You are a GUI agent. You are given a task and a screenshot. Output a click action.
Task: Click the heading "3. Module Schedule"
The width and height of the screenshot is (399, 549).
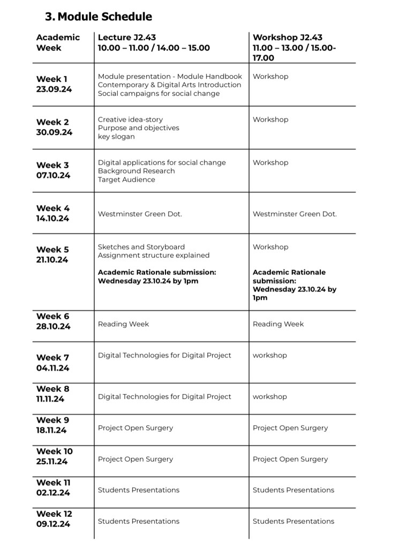99,17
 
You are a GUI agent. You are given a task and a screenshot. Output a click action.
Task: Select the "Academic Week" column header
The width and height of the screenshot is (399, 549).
58,42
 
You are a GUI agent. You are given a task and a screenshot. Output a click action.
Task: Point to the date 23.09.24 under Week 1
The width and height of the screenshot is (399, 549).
54,90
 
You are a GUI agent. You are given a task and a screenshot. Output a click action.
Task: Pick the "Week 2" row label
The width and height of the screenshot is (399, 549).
52,122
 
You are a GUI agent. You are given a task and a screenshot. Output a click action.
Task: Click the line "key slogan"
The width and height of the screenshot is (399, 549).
116,137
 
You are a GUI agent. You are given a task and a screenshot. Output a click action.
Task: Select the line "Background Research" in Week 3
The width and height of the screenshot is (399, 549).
136,171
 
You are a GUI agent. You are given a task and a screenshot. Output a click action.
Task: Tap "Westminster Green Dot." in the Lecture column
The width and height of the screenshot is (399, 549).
140,214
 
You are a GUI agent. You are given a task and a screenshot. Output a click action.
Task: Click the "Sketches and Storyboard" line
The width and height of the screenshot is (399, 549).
141,247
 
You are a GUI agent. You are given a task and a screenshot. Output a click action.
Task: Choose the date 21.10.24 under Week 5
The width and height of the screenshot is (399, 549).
52,260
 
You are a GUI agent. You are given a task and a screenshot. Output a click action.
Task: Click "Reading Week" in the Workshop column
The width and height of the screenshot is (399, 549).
278,324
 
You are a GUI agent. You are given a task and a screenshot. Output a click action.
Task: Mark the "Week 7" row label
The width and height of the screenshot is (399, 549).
52,358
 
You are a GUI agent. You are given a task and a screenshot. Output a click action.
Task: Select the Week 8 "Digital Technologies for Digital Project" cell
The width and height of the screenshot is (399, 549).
164,397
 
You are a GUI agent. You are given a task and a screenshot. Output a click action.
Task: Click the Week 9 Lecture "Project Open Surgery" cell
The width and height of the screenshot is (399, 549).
135,428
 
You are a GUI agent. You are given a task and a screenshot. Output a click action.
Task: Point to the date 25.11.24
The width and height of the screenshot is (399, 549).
53,462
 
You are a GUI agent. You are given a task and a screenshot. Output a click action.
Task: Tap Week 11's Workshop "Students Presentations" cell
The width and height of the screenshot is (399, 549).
293,490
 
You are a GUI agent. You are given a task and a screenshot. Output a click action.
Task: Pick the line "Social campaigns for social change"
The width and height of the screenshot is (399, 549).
159,94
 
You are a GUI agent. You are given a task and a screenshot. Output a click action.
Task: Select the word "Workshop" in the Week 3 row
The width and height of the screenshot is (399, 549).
270,162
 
